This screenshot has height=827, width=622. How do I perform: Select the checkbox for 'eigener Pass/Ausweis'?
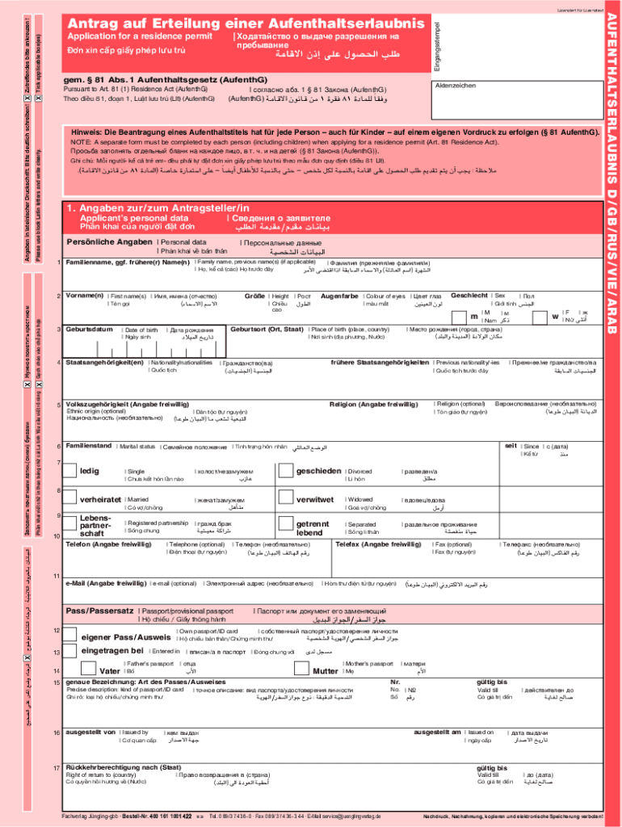tap(71, 635)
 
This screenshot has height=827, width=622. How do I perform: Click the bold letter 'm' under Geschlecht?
tap(474, 317)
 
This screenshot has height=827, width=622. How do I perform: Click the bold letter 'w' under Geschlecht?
tap(555, 317)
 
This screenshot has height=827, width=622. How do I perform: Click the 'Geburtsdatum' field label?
tap(89, 330)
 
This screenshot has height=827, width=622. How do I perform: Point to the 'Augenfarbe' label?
tap(339, 296)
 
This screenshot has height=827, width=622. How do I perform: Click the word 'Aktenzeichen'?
tap(455, 86)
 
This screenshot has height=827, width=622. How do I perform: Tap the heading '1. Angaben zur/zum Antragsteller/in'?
tap(158, 207)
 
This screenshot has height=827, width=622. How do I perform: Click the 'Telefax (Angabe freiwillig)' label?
tap(378, 544)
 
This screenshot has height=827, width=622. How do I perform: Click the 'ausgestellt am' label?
tap(437, 732)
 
